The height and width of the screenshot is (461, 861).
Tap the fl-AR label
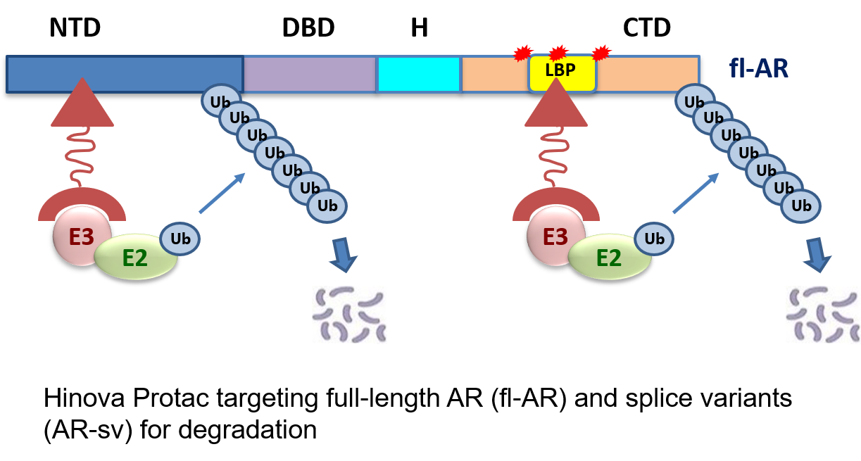tap(758, 69)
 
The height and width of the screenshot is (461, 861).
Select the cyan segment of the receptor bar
tap(419, 74)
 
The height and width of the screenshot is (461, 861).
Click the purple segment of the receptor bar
tap(310, 74)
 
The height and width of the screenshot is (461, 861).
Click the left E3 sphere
tap(81, 236)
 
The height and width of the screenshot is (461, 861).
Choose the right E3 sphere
tap(555, 236)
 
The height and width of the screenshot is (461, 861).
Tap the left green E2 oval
tap(136, 258)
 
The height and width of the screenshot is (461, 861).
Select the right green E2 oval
tap(610, 258)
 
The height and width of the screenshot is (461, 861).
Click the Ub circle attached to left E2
tap(180, 239)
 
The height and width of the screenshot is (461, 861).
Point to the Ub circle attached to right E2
tap(654, 239)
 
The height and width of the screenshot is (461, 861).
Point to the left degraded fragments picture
tap(349, 315)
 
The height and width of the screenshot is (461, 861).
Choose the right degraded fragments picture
tap(823, 315)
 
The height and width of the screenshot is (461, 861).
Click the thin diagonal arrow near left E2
tap(222, 192)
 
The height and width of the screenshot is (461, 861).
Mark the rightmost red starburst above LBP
tap(601, 53)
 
